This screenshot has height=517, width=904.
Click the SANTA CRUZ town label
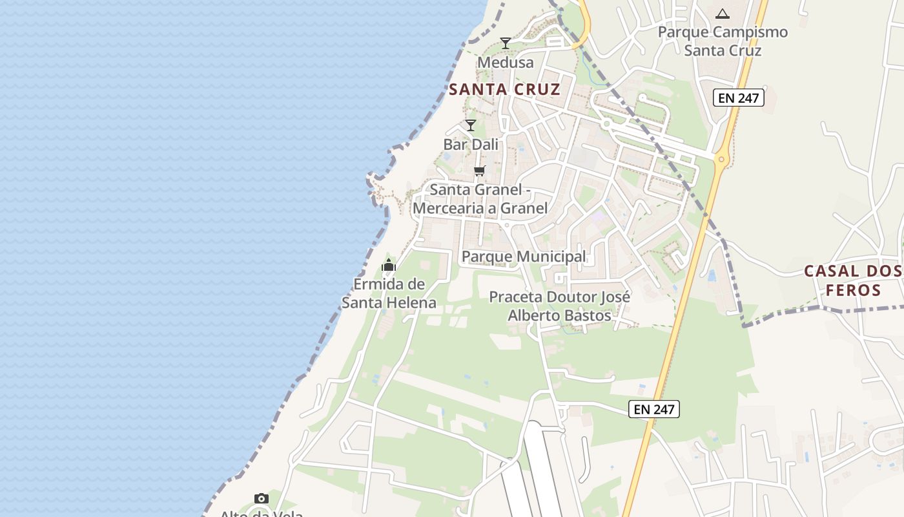coord(504,89)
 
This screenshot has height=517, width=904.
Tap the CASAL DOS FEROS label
coord(852,280)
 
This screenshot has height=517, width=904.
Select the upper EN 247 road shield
coord(739,98)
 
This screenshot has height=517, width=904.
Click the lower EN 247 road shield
coord(654,408)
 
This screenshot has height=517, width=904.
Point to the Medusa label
coord(506,62)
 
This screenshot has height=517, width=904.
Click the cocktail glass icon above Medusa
coord(506,43)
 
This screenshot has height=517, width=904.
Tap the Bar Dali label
coord(471,144)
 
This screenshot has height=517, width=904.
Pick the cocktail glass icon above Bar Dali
coord(471,125)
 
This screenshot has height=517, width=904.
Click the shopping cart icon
coord(479,171)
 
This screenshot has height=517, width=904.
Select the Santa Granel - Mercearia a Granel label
coord(480,199)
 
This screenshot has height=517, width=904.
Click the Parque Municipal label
coord(524,257)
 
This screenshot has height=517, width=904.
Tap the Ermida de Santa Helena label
coord(389,293)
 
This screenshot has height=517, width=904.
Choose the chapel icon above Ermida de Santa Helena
coord(389,265)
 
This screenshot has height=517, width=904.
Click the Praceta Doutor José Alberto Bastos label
coord(559,306)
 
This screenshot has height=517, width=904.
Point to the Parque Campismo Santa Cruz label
coord(723,41)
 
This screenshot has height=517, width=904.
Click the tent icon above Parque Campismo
coord(723,13)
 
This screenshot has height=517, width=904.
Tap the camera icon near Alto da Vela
coord(262,498)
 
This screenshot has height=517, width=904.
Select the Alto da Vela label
coord(262,514)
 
